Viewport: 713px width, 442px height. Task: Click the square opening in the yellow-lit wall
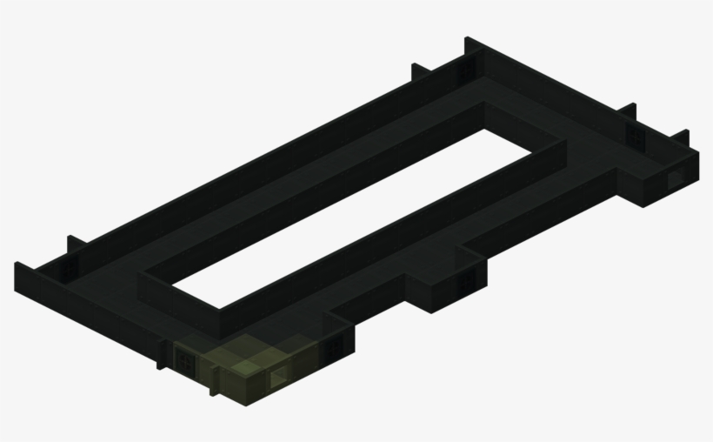(x=281, y=377)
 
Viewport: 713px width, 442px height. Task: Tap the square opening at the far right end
(x=676, y=179)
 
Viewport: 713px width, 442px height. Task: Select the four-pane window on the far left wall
(x=67, y=273)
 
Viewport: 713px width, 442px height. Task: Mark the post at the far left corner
(x=17, y=277)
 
